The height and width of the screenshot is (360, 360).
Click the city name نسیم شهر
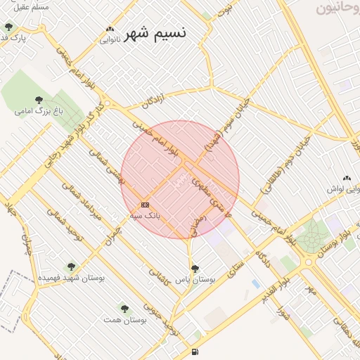coord(156,33)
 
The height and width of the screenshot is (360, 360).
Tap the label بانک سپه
coord(145,215)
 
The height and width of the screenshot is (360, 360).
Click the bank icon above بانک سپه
coord(145,205)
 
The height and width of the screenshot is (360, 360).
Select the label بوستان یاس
coord(195,280)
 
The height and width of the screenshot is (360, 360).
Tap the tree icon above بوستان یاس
coord(195,269)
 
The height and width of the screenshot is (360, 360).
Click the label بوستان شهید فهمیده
coord(70,278)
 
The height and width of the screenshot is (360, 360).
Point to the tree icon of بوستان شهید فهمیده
coord(70,266)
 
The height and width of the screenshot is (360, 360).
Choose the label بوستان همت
coord(124,320)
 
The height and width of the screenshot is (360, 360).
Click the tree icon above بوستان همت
coord(124,309)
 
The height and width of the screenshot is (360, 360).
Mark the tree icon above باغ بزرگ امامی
coord(39,100)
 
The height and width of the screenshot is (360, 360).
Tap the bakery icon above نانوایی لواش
coord(346,179)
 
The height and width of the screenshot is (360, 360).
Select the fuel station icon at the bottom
coord(194,352)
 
